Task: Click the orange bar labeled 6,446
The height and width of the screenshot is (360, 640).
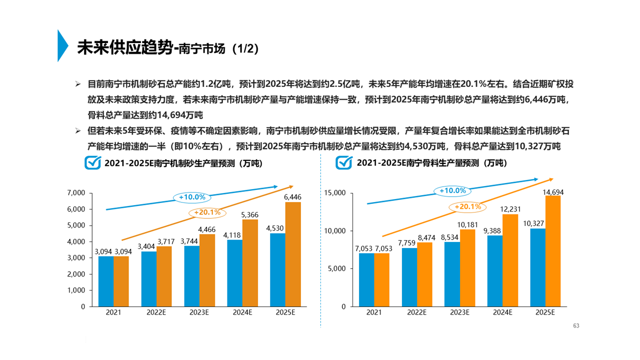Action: click(293, 254)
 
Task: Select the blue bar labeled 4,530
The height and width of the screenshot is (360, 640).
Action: click(277, 269)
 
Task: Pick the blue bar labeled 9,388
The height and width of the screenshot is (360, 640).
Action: click(495, 270)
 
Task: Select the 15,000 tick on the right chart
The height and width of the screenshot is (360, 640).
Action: click(335, 192)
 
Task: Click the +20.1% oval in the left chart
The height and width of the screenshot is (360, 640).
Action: click(207, 212)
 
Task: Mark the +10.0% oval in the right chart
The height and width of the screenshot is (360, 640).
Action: click(452, 190)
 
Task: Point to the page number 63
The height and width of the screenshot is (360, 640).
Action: click(575, 326)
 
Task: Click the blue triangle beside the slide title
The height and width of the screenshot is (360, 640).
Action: click(62, 45)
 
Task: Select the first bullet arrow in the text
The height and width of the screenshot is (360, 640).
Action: click(78, 83)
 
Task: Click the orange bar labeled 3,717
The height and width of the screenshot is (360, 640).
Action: click(164, 276)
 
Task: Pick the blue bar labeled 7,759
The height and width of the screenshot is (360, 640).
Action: click(409, 277)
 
